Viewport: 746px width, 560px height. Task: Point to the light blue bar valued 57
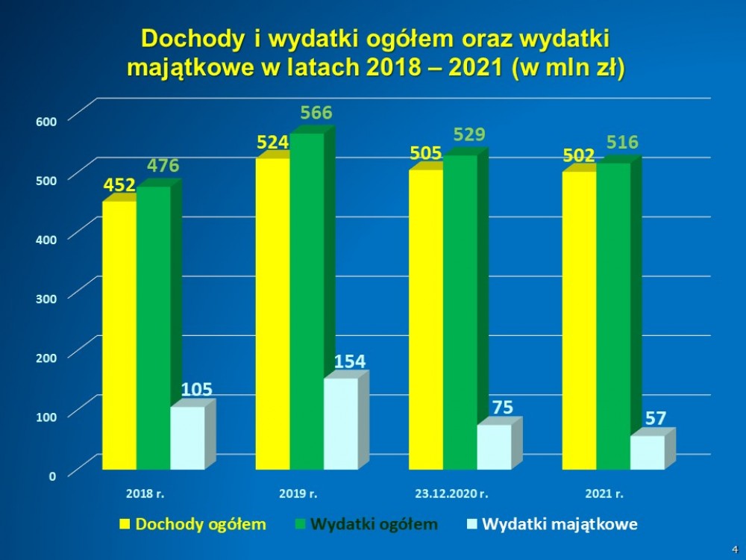pos(647,452)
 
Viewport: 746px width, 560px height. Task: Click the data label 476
pos(163,166)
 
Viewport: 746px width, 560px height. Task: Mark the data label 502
pos(579,156)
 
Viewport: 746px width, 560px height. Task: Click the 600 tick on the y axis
pos(46,119)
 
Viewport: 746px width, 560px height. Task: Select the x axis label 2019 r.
pos(298,494)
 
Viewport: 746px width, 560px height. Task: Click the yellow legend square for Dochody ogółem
pos(124,524)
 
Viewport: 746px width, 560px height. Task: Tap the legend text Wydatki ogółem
pos(374,524)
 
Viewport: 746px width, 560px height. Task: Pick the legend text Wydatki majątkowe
pos(559,524)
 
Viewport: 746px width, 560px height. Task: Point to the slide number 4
pos(733,548)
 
